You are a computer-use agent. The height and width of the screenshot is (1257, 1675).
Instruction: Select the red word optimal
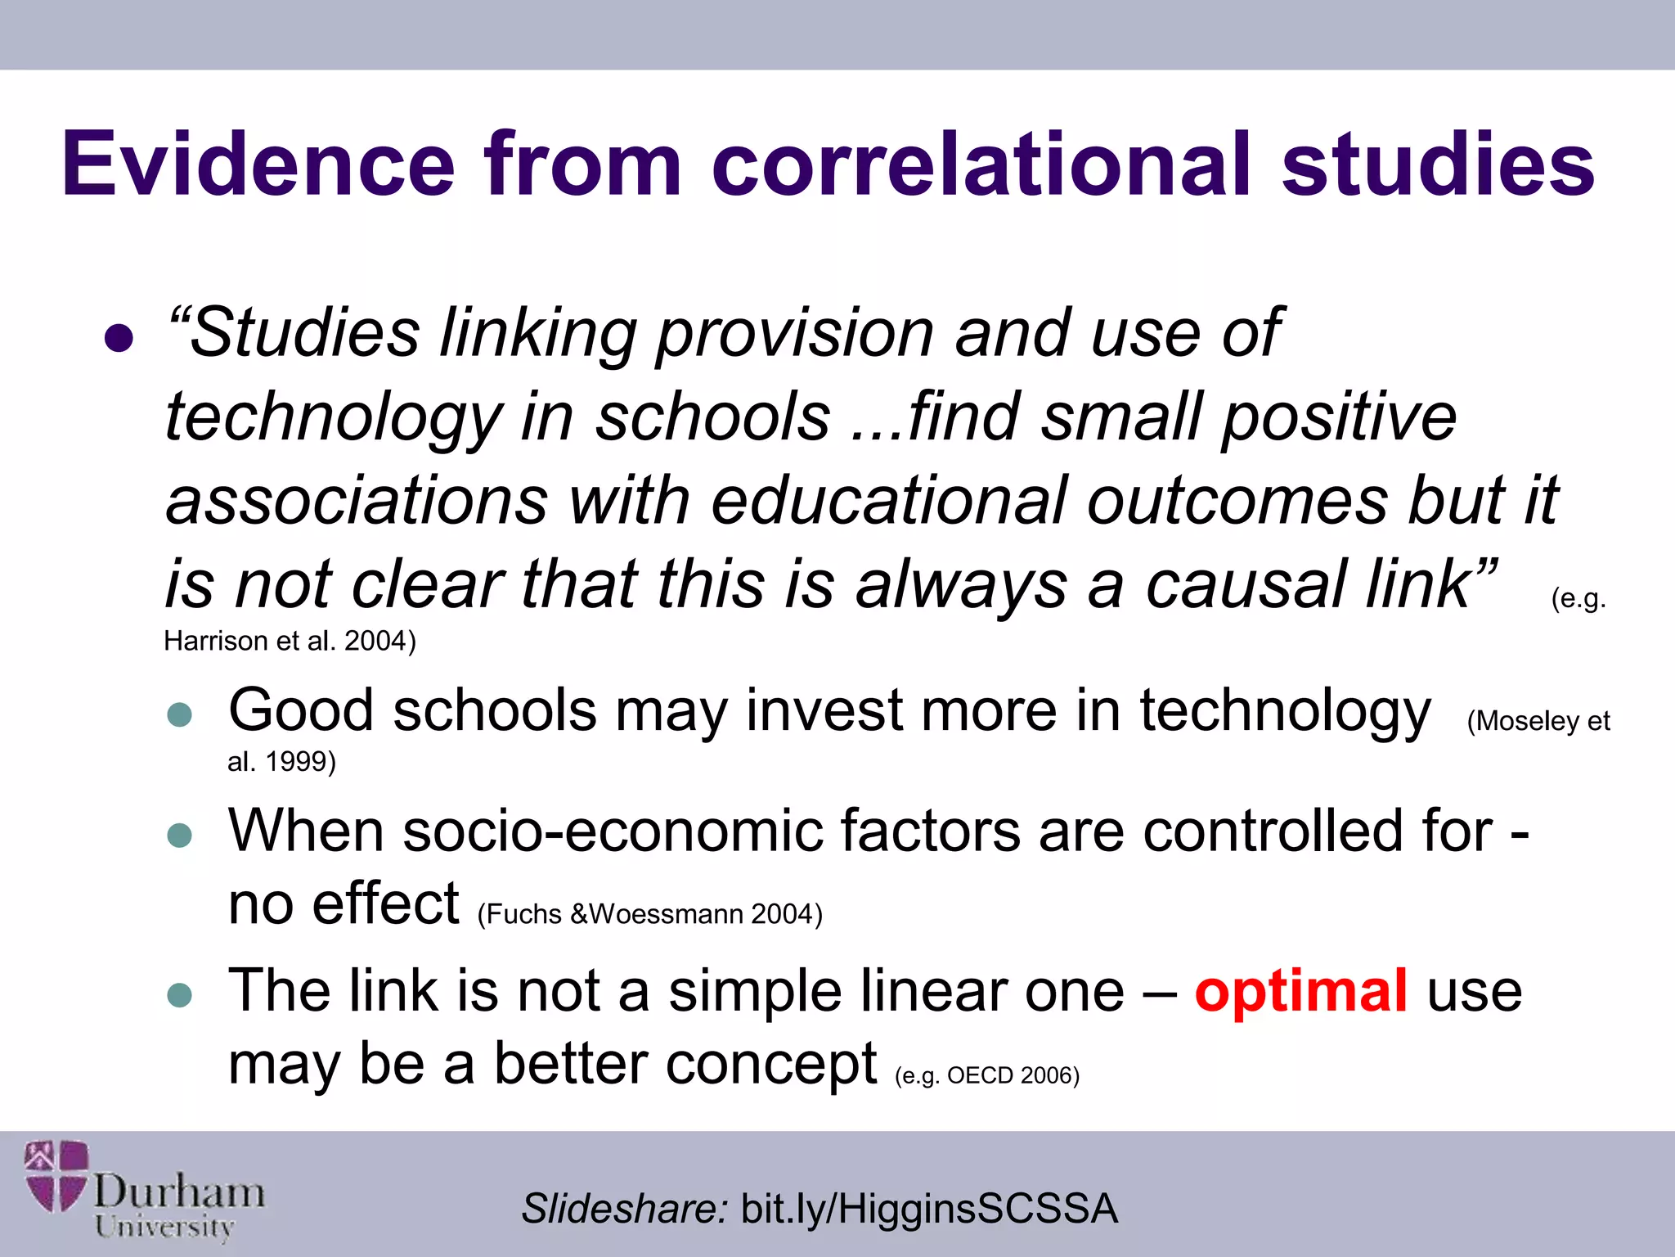coord(1300,991)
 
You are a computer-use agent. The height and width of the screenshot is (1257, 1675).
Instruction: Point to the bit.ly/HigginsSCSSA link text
coord(928,1209)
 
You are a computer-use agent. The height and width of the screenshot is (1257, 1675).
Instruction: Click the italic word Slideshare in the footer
coord(624,1209)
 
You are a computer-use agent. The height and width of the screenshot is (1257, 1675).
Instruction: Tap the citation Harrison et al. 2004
coord(290,641)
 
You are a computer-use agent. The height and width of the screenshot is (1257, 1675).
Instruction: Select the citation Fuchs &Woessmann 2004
coord(649,914)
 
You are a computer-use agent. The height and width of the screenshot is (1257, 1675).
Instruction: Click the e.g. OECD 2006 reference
coord(987,1075)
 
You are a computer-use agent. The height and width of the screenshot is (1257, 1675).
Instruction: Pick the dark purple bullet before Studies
coord(119,338)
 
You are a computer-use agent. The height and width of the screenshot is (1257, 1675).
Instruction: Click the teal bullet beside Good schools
coord(179,714)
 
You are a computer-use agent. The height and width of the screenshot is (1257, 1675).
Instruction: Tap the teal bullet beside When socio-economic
coord(179,836)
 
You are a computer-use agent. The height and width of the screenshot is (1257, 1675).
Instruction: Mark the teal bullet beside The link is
coord(179,996)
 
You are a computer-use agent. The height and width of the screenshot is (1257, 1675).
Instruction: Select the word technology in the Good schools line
coord(1285,710)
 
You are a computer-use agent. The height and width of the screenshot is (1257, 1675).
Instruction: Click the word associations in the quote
coord(357,501)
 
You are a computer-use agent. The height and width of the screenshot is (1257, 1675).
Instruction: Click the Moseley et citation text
coord(1538,721)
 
